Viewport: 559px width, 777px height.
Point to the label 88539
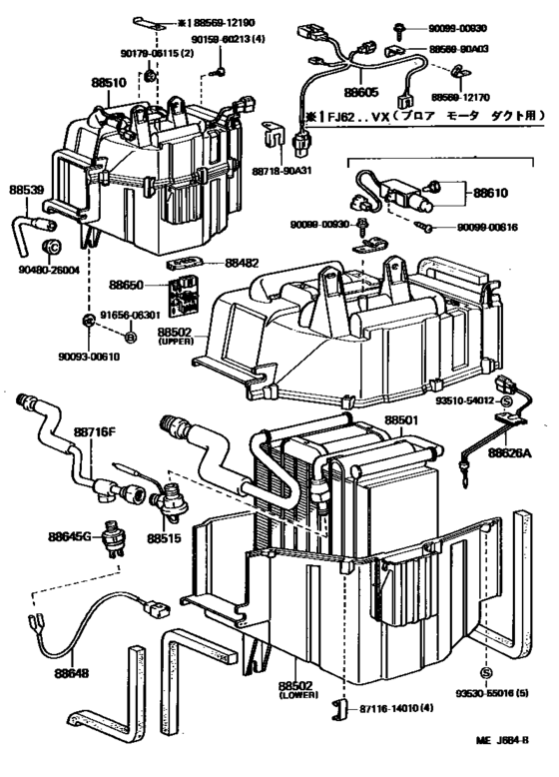point(27,189)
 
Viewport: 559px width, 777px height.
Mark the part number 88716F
point(96,432)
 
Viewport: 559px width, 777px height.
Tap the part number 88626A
point(510,452)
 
